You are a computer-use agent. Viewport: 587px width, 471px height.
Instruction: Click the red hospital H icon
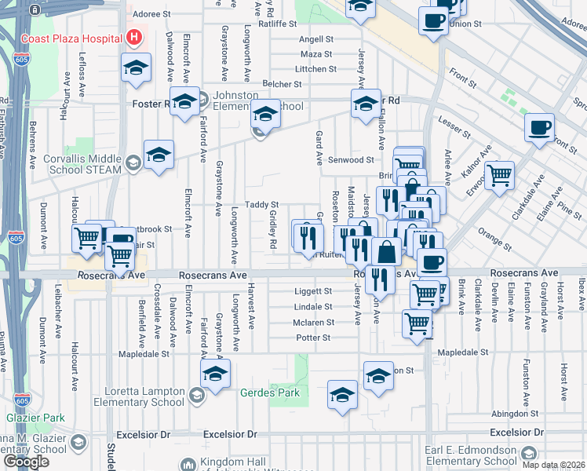click(135, 38)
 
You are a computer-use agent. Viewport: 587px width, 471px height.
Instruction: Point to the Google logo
click(26, 461)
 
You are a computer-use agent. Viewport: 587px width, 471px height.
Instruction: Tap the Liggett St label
click(314, 291)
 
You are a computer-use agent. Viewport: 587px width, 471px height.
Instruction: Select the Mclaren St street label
click(314, 323)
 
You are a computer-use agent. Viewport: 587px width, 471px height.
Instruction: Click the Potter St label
click(313, 338)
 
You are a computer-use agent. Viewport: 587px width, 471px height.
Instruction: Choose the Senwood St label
click(350, 159)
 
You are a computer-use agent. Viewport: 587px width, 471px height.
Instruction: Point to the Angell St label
click(316, 39)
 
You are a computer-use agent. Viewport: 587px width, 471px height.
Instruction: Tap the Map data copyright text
click(556, 465)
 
